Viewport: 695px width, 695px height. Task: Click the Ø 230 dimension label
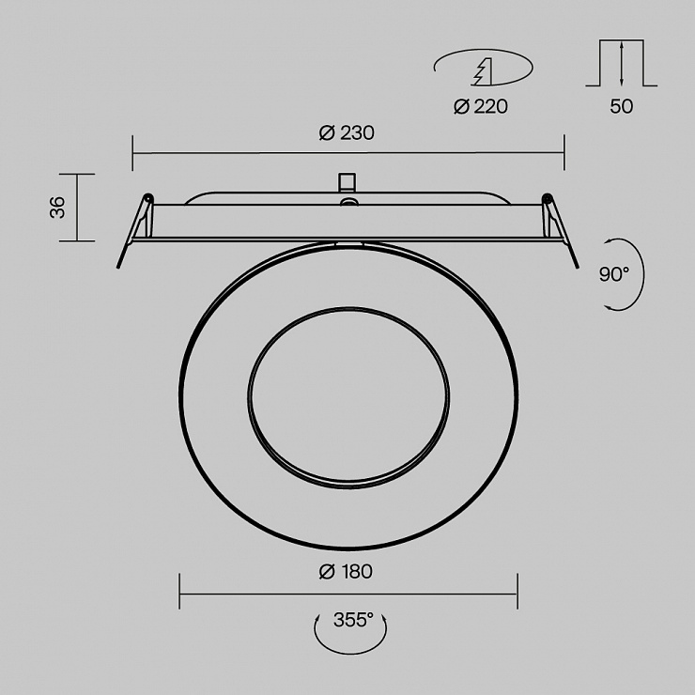[347, 133]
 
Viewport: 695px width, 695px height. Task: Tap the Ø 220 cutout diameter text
[481, 106]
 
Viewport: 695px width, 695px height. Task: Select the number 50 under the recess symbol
[622, 106]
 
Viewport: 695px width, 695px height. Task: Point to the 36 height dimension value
[57, 208]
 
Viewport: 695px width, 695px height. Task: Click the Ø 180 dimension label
[346, 571]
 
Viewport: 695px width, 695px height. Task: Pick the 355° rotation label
[353, 620]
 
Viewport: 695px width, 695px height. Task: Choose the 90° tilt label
[614, 274]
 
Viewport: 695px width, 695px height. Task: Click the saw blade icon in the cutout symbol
[482, 71]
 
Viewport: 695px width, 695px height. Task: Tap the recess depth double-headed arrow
[622, 63]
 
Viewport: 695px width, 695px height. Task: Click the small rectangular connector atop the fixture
[347, 182]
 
